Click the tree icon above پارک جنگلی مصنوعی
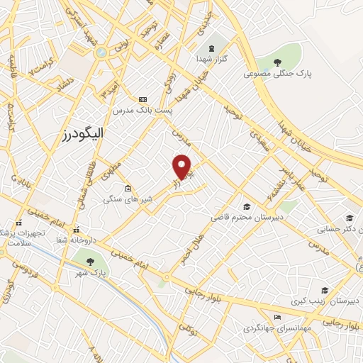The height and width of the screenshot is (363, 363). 277,63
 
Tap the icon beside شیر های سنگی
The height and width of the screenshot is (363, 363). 128,188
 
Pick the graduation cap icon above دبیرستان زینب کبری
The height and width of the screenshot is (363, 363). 325,290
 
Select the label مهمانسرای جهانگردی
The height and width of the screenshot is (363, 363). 275,328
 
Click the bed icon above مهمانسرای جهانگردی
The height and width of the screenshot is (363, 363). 277,317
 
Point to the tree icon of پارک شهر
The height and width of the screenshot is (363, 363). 90,262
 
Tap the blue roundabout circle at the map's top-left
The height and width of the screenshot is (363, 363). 101,52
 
